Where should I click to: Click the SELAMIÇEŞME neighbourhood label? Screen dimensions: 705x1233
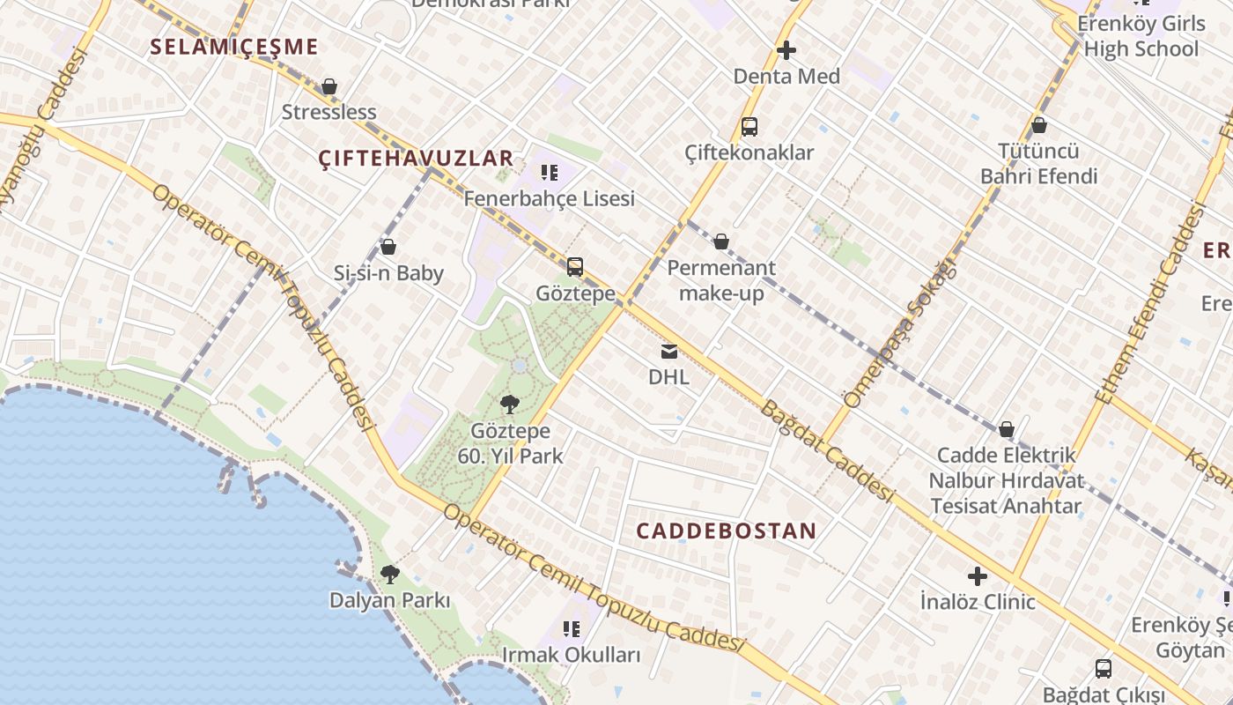coord(233,47)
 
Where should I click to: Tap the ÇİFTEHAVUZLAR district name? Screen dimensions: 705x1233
coord(415,159)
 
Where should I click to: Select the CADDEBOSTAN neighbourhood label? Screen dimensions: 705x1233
coord(726,531)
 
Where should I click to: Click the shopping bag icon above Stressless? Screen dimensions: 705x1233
coord(329,86)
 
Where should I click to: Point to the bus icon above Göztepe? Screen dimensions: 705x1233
coord(575,266)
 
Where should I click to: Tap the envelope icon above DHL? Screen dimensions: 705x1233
coord(669,352)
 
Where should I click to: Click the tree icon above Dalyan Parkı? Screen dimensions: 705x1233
coord(389,575)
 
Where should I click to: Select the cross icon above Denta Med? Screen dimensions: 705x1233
coord(786,51)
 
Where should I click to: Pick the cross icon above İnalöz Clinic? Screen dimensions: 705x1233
coord(978,577)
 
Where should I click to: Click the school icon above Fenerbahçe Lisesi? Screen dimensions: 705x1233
coord(550,173)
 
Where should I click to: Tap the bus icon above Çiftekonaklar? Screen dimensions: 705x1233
coord(749,127)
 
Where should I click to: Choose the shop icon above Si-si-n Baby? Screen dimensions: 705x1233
coord(388,248)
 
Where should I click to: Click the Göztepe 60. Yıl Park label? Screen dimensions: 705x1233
coord(511,443)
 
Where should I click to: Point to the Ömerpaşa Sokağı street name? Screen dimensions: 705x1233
coord(899,335)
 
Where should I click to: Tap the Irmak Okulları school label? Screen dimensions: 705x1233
coord(572,655)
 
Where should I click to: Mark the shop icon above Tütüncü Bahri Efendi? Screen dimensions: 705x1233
coord(1039,126)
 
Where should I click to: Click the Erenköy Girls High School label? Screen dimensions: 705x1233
coord(1141,35)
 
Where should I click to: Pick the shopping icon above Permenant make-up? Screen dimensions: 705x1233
coord(721,242)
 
